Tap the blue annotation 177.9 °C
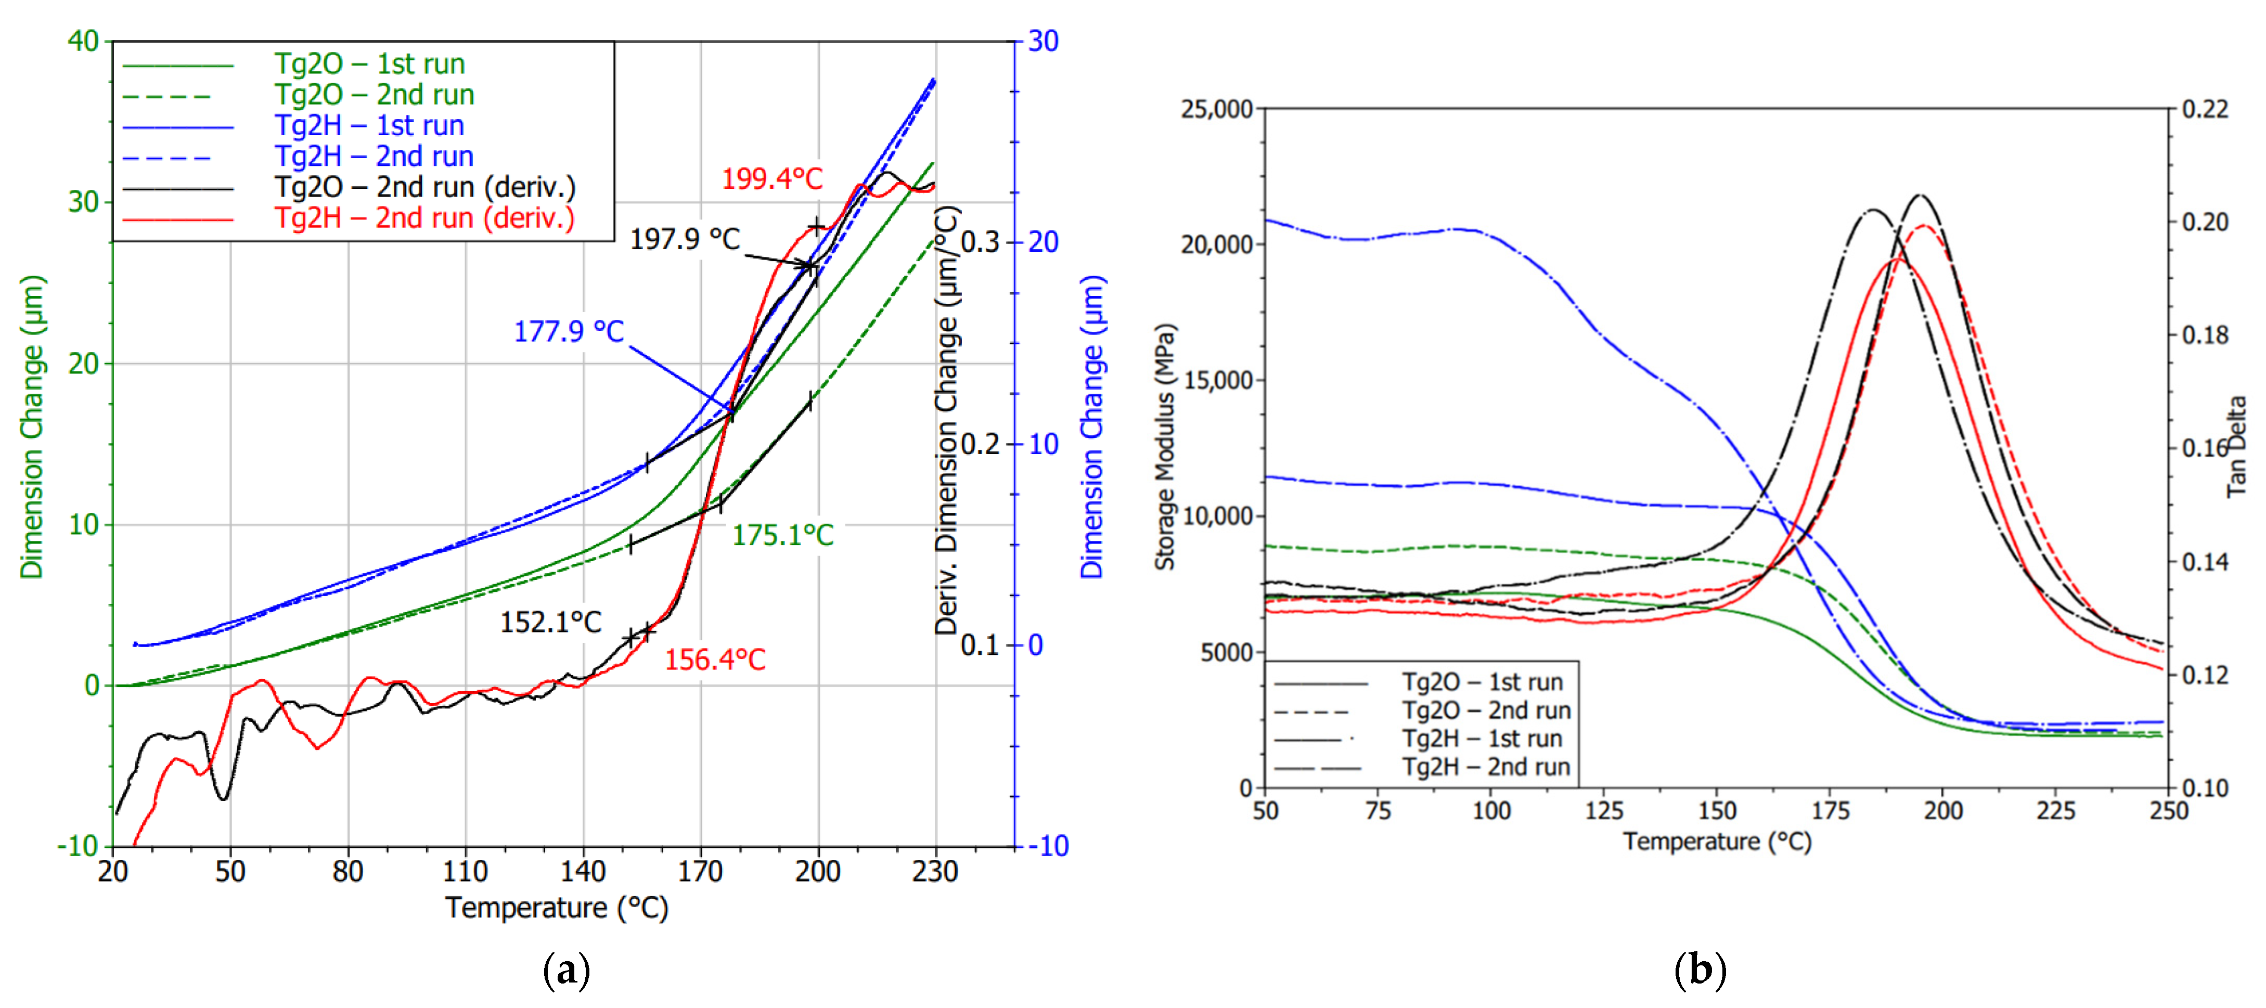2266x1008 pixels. click(x=568, y=332)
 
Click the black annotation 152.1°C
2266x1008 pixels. click(x=551, y=623)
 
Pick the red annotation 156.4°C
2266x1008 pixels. click(x=714, y=660)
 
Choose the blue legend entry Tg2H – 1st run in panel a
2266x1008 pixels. click(x=369, y=126)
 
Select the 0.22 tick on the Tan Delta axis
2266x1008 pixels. click(x=2205, y=110)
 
